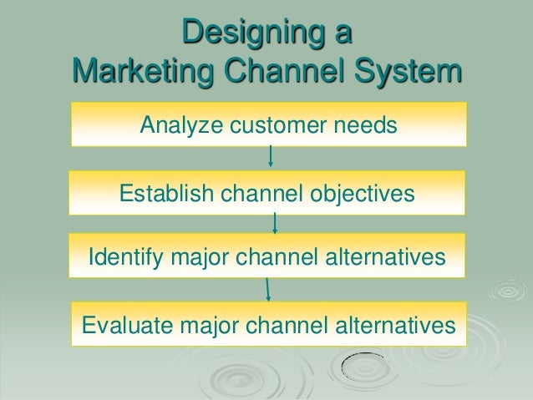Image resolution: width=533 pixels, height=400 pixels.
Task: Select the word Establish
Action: [x=166, y=195]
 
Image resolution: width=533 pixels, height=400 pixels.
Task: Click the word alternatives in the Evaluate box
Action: [x=393, y=322]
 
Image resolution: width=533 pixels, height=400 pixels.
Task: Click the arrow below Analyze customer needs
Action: [x=271, y=156]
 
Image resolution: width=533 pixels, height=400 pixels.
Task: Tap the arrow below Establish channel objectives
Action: [x=275, y=222]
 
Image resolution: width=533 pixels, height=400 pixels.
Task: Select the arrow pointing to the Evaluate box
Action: [x=267, y=288]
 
